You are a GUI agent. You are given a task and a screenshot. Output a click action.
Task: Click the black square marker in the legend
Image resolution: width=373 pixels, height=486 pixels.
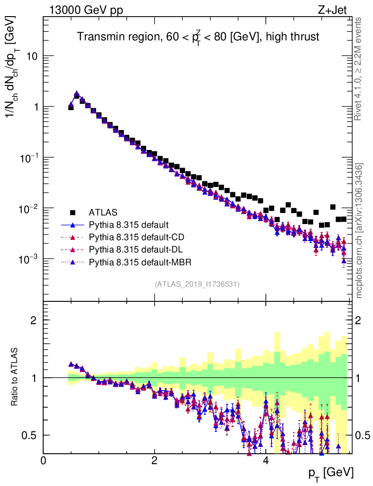[73, 212]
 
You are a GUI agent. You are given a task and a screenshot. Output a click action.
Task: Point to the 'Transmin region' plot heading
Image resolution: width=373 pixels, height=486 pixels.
[198, 36]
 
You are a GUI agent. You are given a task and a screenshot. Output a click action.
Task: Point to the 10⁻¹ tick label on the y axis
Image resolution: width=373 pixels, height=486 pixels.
[30, 158]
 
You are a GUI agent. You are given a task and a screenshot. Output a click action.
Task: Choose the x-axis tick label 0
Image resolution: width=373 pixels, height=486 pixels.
[44, 460]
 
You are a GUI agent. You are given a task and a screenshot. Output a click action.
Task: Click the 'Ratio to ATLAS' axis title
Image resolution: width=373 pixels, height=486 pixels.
[16, 377]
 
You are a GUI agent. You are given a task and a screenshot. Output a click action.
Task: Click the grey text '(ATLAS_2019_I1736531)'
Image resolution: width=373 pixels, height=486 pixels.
[197, 284]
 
